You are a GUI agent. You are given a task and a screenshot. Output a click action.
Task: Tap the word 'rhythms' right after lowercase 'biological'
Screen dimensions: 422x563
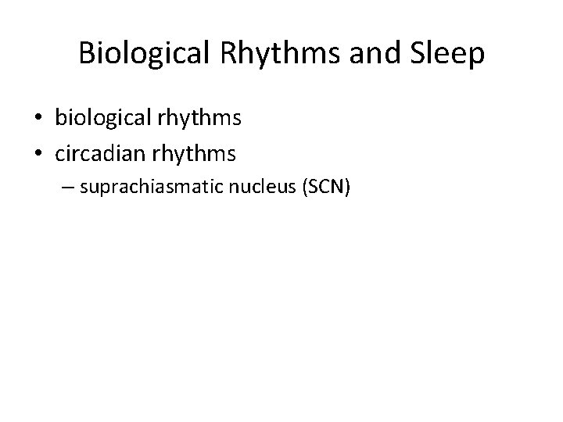(199, 119)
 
